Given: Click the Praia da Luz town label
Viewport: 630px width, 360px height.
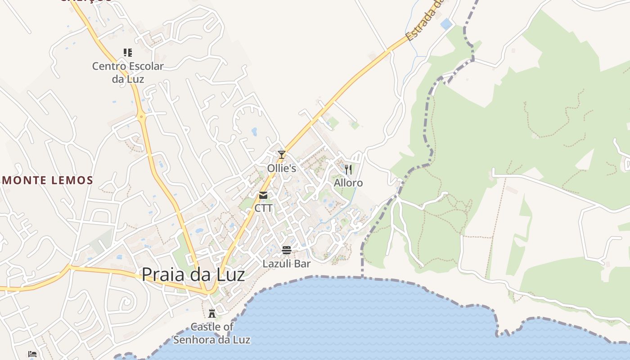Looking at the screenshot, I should [x=193, y=274].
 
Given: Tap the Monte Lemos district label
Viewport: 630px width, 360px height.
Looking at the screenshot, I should [x=49, y=180].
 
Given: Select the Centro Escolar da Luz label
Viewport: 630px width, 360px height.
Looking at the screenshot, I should [x=128, y=72].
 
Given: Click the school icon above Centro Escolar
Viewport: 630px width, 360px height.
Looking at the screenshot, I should [x=128, y=53].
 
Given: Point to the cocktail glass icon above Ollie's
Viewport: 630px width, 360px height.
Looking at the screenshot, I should [x=282, y=155].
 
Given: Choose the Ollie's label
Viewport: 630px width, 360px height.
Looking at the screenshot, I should [x=282, y=168].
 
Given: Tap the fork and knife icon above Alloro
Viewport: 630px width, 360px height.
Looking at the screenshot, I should [x=348, y=170].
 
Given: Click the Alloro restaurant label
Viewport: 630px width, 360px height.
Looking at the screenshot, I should [x=348, y=183].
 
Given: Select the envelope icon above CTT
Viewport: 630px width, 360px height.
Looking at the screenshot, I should [x=263, y=195].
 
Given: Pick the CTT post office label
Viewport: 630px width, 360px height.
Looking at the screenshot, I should [x=263, y=208].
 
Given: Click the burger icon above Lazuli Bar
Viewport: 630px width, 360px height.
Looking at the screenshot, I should [x=287, y=250].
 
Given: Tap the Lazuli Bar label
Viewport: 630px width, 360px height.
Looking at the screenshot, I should [x=287, y=264].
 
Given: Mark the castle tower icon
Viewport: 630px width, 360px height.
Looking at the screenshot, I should [x=212, y=313].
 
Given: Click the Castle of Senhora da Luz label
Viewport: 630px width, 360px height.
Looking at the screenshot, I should [x=212, y=333].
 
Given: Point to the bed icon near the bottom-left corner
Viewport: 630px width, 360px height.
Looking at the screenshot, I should [x=32, y=354].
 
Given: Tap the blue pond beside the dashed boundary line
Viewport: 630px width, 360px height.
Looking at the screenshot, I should [x=446, y=24].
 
